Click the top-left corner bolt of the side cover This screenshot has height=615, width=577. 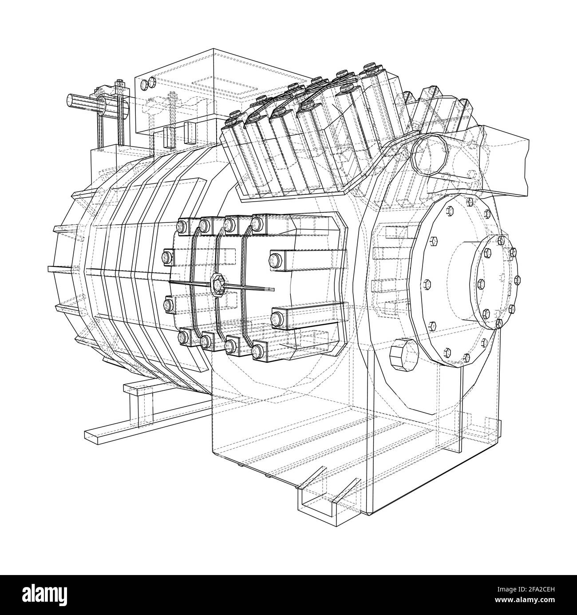point(182,226)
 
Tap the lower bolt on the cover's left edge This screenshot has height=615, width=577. point(168,305)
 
